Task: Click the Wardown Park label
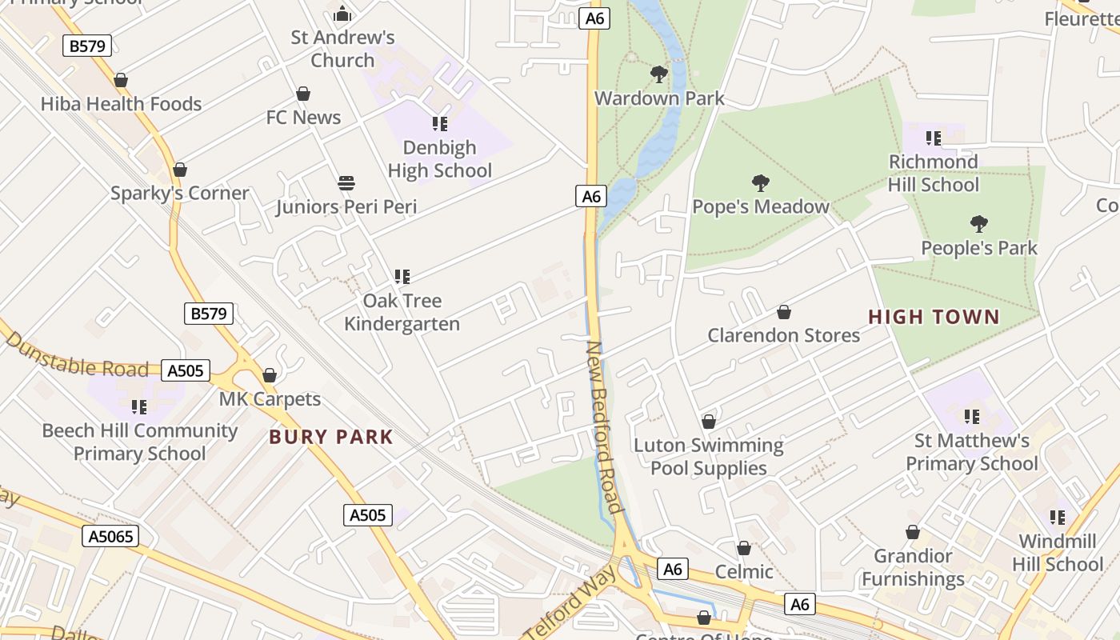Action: [x=659, y=98]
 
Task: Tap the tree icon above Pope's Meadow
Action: [x=760, y=183]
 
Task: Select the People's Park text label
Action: [x=978, y=248]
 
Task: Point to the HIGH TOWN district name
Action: [x=934, y=317]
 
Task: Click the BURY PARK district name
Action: [x=331, y=437]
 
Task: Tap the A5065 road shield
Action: [x=110, y=536]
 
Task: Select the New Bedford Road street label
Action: [x=604, y=427]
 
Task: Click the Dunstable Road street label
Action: [x=77, y=357]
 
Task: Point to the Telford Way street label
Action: [x=570, y=602]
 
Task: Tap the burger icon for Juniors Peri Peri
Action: [x=346, y=183]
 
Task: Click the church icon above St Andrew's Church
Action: [x=342, y=14]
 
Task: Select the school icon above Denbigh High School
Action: [x=439, y=124]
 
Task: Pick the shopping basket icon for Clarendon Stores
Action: [x=784, y=312]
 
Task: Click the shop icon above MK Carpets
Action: [x=270, y=375]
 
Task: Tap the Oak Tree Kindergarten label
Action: [x=402, y=312]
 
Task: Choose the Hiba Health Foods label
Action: [x=121, y=104]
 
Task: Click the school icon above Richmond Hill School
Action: [x=933, y=138]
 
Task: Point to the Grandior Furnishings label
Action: [x=913, y=567]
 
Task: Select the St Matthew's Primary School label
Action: [x=971, y=452]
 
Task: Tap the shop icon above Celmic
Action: [x=744, y=548]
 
